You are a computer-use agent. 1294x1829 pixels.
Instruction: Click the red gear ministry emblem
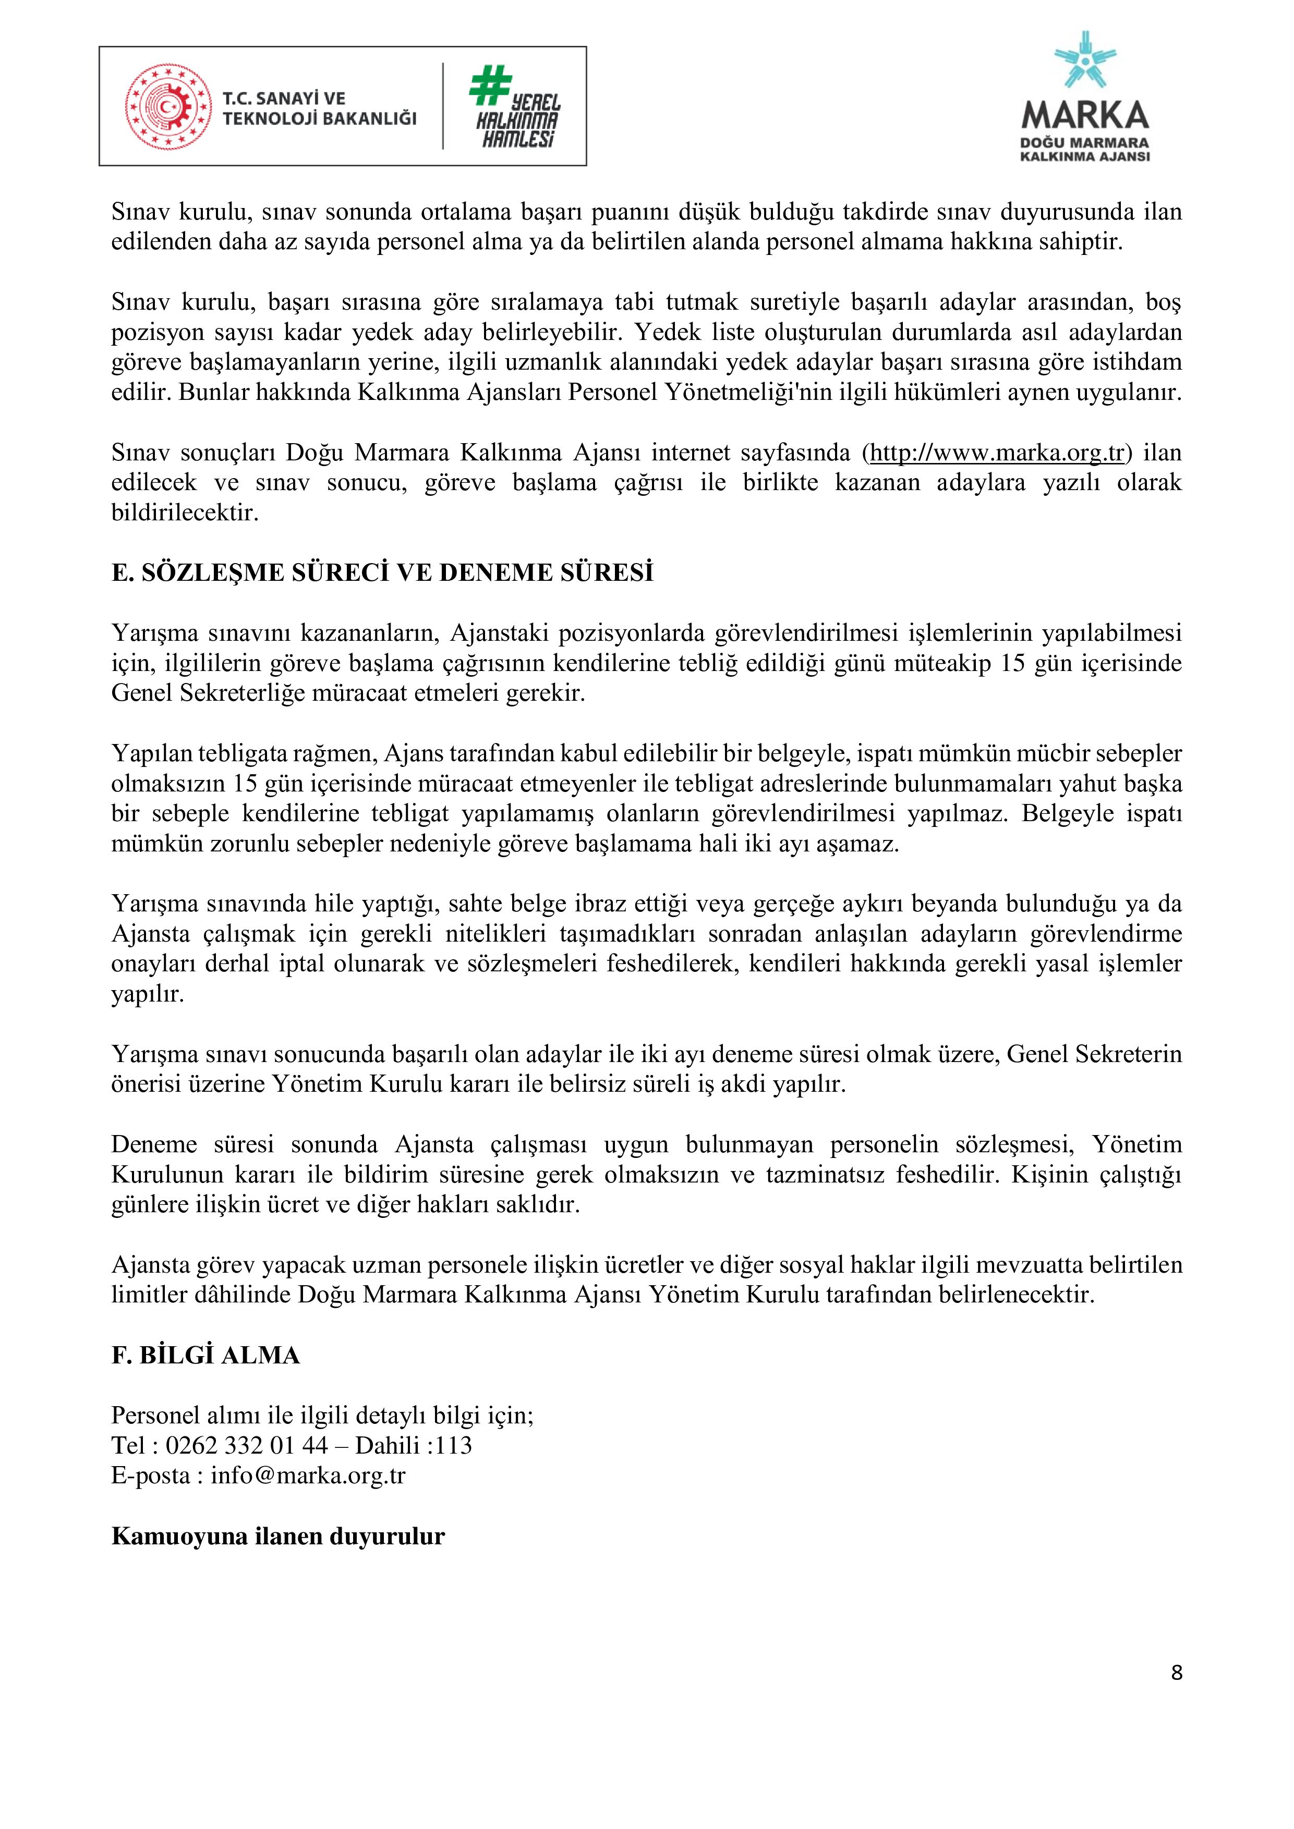pos(168,107)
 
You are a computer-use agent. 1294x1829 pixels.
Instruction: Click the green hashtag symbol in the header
pos(489,84)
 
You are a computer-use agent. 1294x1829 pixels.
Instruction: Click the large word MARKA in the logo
pos(1084,116)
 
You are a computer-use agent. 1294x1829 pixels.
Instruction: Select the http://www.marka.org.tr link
pos(996,453)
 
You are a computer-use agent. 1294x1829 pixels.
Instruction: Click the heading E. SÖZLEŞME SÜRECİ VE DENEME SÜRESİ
pos(382,573)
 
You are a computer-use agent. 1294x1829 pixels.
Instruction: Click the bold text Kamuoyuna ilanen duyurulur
pos(277,1536)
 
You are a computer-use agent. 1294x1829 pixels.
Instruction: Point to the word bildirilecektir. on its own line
pos(185,512)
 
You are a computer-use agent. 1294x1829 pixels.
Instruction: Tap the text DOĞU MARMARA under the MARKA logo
pos(1084,142)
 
